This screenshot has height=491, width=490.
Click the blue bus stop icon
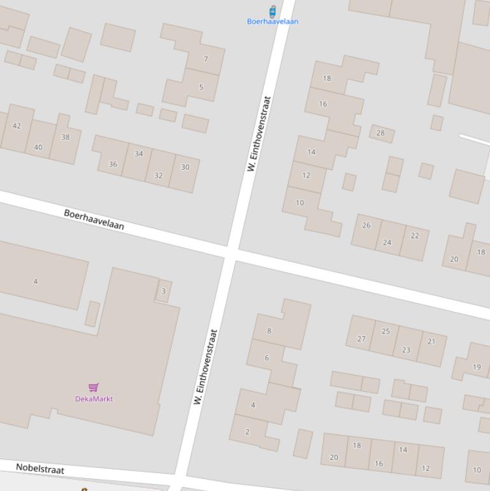[x=273, y=11]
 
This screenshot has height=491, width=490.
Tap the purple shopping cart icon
[x=94, y=387]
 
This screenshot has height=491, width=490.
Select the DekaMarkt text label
[x=94, y=399]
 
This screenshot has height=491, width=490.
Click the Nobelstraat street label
[x=40, y=469]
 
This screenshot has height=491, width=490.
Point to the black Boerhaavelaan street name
[x=94, y=219]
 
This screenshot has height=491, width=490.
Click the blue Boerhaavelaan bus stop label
[x=273, y=21]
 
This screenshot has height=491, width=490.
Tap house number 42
[x=17, y=126]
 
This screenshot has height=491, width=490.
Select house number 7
[x=205, y=59]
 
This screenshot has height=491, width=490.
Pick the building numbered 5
[x=201, y=87]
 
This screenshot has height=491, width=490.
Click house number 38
[x=66, y=137]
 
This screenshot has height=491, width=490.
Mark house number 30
[x=185, y=167]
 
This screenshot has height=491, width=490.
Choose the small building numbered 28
[x=380, y=133]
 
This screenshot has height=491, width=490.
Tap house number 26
[x=366, y=225]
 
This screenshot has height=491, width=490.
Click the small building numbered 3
[x=164, y=291]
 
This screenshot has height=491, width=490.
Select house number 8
[x=269, y=331]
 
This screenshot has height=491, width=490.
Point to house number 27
[x=361, y=339]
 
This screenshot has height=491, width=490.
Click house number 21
[x=431, y=341]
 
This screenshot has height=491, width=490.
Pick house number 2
[x=247, y=432]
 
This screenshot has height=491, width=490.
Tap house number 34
[x=138, y=154]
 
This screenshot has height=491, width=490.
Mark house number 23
[x=406, y=349]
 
